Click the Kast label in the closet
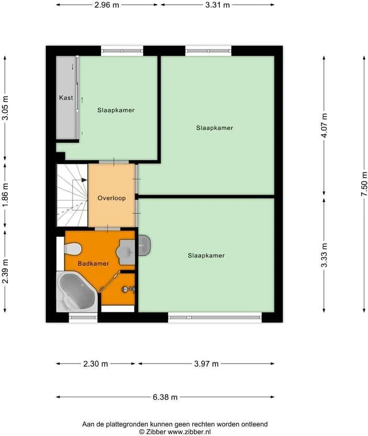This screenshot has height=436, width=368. tap(66, 98)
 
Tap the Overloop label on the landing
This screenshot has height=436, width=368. tap(111, 198)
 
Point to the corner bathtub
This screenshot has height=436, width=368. tap(76, 292)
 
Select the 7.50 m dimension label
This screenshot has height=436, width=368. tap(363, 184)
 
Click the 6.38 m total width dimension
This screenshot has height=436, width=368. tap(165, 397)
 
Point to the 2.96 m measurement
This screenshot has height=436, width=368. tap(107, 5)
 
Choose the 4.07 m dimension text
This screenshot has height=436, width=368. tap(324, 126)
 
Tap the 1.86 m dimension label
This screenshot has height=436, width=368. tap(5, 195)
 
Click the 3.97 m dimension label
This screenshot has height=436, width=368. tap(206, 364)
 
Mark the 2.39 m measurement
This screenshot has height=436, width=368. tap(5, 271)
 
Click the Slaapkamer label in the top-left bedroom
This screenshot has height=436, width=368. tap(116, 110)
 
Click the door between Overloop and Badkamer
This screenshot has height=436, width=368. tap(108, 229)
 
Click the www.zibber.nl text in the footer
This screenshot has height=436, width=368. tap(190, 431)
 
